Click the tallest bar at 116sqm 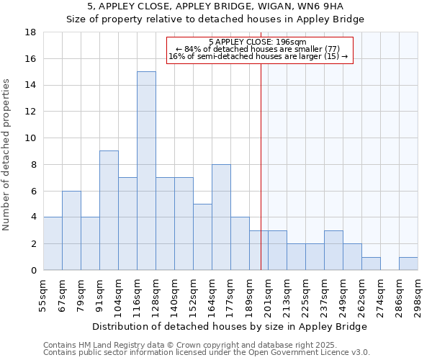tap(146, 171)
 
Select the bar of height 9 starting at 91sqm tap(109, 210)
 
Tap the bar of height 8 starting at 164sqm tap(221, 217)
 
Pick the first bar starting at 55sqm tap(53, 243)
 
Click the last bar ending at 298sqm tap(408, 264)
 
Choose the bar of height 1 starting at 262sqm tap(371, 264)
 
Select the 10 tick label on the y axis tap(30, 138)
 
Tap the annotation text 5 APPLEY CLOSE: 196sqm tap(258, 42)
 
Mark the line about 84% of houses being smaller tap(257, 49)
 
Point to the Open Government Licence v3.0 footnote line tap(207, 353)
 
